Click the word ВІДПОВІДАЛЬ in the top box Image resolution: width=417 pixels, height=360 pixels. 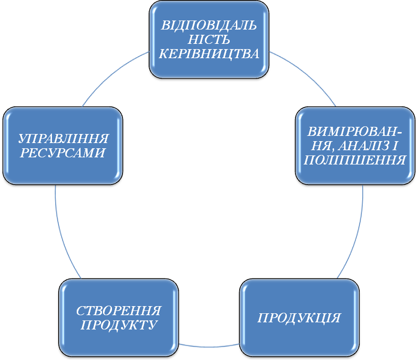[x=209, y=25]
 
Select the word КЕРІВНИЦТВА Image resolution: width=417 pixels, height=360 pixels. [x=209, y=53]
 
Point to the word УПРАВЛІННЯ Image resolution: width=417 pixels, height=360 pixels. [x=63, y=139]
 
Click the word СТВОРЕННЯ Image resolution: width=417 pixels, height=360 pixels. [x=119, y=311]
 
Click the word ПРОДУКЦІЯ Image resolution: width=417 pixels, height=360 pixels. [x=299, y=318]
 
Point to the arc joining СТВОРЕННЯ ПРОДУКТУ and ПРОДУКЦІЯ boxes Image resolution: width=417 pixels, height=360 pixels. [x=209, y=345]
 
